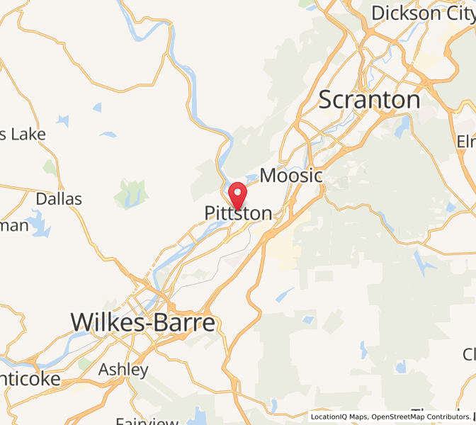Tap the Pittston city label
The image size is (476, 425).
coord(238,213)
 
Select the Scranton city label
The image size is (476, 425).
coord(369,100)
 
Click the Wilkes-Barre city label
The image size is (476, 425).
coord(142,323)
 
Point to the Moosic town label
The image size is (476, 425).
coord(292,176)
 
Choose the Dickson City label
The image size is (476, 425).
coord(422,13)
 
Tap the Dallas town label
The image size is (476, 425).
coord(59,198)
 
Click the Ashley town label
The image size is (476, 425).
coord(123,369)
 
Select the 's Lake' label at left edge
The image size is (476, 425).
coord(23,134)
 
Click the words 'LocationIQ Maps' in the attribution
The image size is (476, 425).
coord(339,416)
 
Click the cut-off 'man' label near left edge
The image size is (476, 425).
coord(14,225)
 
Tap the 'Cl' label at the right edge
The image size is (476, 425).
coord(469,353)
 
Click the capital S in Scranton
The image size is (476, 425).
coord(327,100)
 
